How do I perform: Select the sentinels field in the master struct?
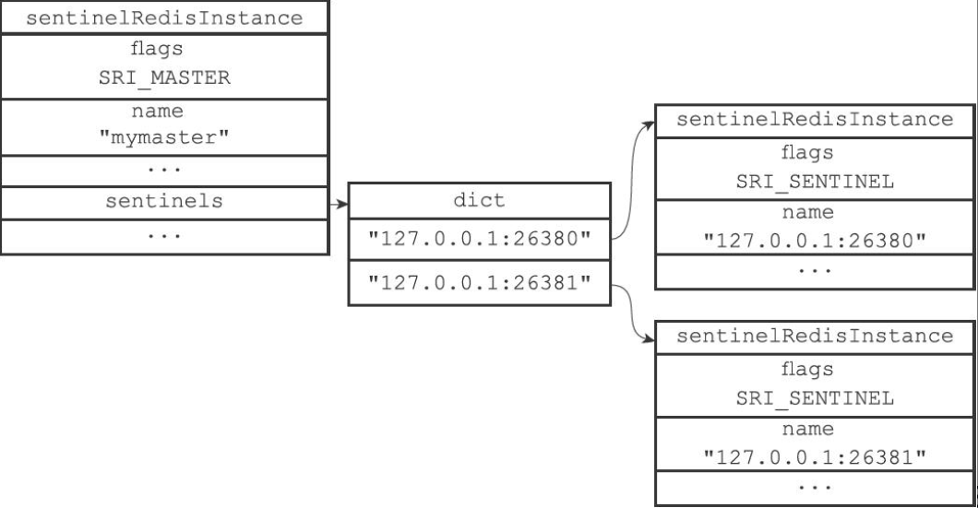pyautogui.click(x=164, y=201)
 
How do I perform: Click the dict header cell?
pyautogui.click(x=479, y=200)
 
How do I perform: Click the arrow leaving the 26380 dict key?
pyautogui.click(x=632, y=175)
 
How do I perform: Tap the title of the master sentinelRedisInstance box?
pyautogui.click(x=164, y=17)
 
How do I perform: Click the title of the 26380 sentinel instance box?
pyautogui.click(x=815, y=120)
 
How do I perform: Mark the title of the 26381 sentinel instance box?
pyautogui.click(x=815, y=337)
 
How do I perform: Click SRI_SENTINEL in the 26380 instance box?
pyautogui.click(x=815, y=182)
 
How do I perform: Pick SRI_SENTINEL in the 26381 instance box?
pyautogui.click(x=815, y=398)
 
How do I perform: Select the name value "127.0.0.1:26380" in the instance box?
pyautogui.click(x=815, y=242)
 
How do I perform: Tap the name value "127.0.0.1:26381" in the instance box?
pyautogui.click(x=815, y=458)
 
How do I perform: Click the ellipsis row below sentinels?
pyautogui.click(x=164, y=236)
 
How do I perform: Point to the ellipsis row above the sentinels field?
pyautogui.click(x=164, y=171)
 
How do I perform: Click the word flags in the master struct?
pyautogui.click(x=164, y=48)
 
